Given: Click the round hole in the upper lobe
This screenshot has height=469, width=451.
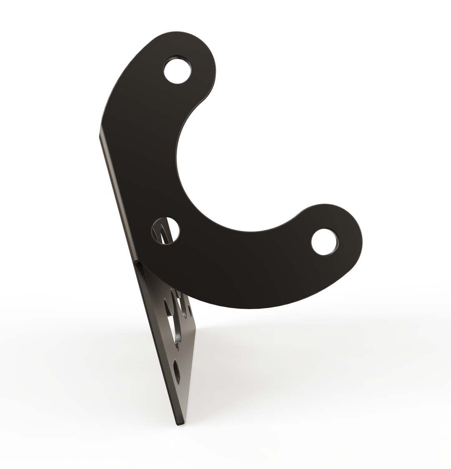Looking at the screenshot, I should pyautogui.click(x=177, y=71).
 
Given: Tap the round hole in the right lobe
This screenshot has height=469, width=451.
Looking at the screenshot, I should pyautogui.click(x=325, y=242).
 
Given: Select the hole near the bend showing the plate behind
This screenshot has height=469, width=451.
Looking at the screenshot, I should pyautogui.click(x=165, y=231).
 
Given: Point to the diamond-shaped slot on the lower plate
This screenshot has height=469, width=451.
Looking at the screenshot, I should pyautogui.click(x=177, y=371).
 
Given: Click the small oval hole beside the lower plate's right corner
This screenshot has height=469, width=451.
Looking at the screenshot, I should pyautogui.click(x=190, y=310).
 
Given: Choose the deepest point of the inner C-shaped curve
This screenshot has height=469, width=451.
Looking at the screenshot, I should pyautogui.click(x=177, y=159).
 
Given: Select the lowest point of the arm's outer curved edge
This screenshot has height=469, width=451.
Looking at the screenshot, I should pyautogui.click(x=251, y=308).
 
